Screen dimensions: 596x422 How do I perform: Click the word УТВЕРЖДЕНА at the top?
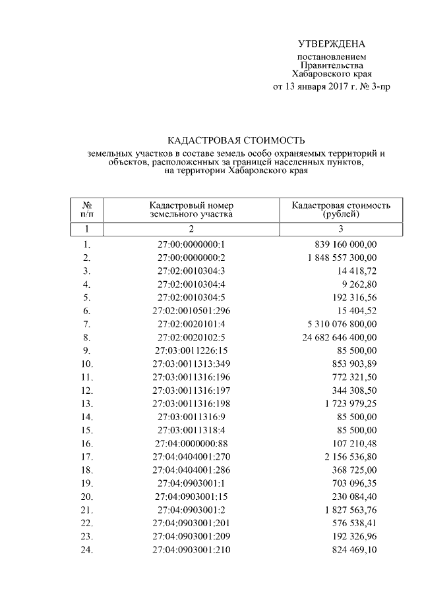pos(331,44)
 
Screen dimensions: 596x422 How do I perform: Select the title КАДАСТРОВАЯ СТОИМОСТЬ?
pos(236,140)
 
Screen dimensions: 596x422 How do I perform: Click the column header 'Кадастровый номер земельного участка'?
pos(191,209)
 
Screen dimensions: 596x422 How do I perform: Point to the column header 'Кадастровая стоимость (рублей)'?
pos(341,209)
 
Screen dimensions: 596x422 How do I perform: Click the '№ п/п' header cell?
pos(86,209)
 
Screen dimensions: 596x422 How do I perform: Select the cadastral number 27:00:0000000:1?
pos(191,244)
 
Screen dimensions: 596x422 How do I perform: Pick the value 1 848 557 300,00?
pos(342,257)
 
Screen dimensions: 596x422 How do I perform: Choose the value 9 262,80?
pos(357,284)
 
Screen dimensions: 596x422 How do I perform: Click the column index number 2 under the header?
pos(191,229)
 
